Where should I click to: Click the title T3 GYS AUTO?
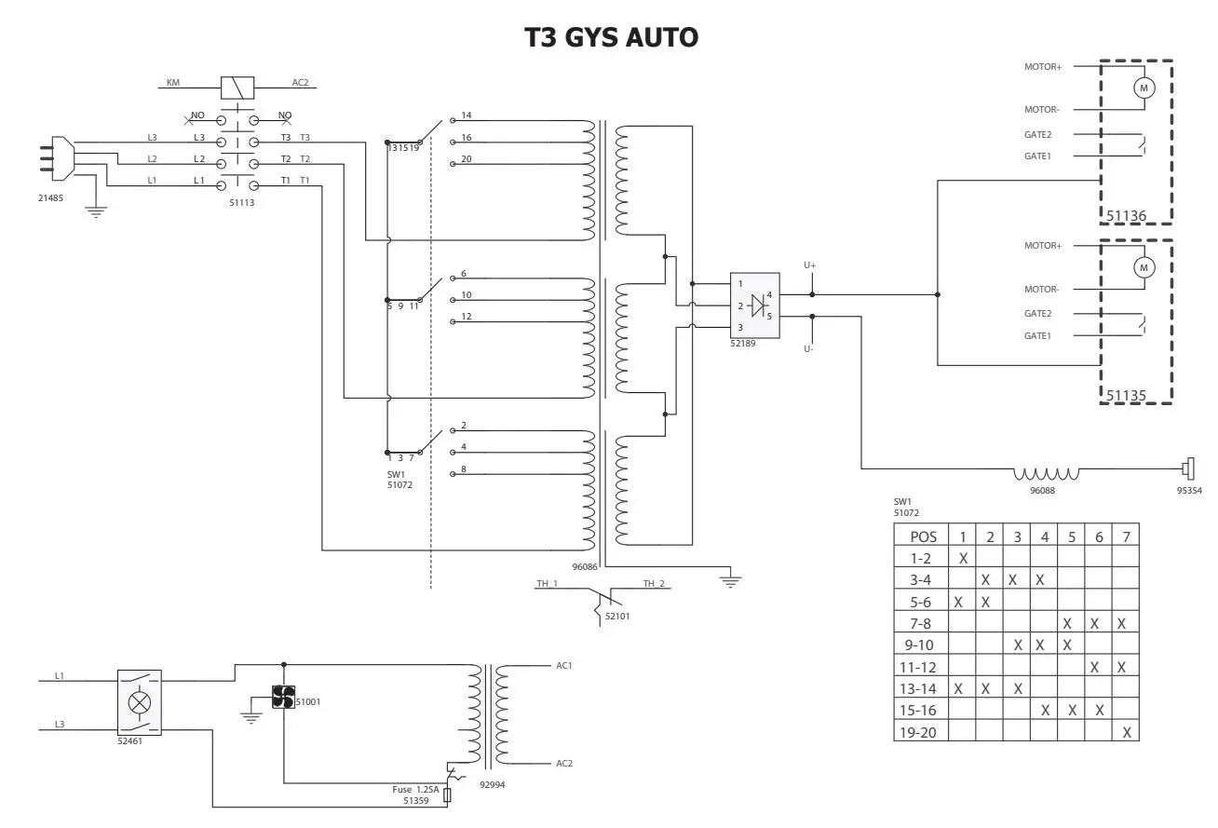coord(611,37)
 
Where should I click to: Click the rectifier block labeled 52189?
coord(754,305)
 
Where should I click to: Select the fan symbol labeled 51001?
coord(283,697)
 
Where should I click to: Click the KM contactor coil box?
coord(238,88)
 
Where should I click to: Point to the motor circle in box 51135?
coord(1143,267)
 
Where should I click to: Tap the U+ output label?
coord(809,265)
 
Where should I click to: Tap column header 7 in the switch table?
coord(1126,536)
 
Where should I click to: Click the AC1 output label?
coord(563,667)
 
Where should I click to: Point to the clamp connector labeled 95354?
coord(1188,468)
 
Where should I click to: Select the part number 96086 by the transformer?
coord(585,565)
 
